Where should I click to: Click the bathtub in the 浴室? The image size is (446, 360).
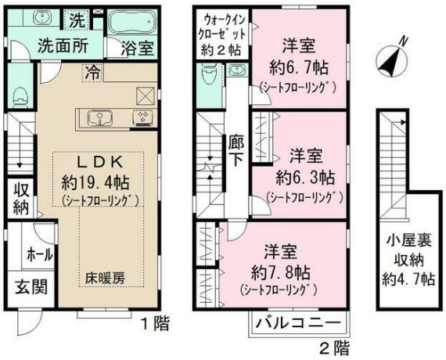point(131,22)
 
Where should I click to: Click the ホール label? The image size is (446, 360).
point(40,254)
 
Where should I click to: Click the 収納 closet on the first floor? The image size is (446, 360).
point(20,200)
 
